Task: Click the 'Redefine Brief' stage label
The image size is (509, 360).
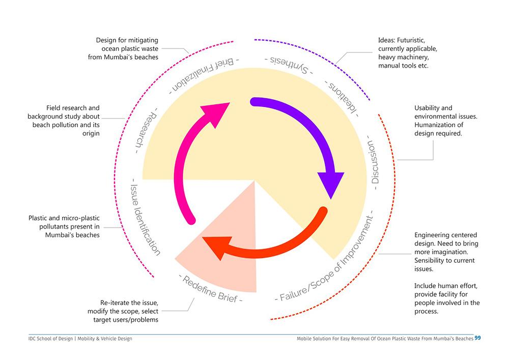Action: click(x=211, y=288)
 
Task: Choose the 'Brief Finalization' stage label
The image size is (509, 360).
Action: click(x=201, y=76)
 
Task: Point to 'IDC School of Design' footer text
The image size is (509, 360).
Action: click(x=51, y=339)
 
